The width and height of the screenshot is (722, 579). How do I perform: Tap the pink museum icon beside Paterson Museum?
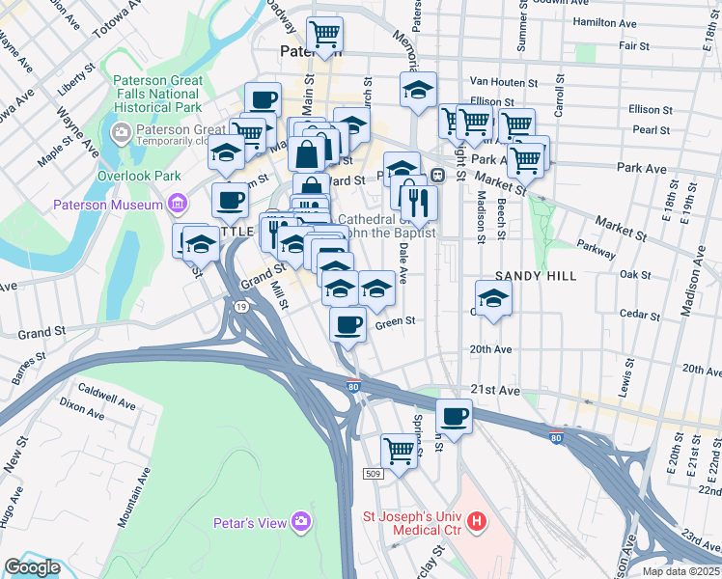click(x=177, y=204)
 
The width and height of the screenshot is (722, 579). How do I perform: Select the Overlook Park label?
click(x=140, y=177)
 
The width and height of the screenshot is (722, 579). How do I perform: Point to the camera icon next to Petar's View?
click(x=302, y=522)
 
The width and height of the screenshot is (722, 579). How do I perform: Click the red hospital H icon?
click(x=476, y=522)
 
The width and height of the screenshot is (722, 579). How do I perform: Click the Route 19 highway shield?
click(x=238, y=307)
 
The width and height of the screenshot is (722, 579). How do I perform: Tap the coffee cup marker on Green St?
click(x=347, y=324)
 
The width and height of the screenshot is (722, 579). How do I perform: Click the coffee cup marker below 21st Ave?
click(x=454, y=417)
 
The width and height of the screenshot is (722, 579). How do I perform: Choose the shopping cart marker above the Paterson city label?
click(x=325, y=35)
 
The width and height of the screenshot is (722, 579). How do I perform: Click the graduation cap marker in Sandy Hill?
click(x=493, y=297)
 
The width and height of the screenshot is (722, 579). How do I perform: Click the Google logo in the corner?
click(x=31, y=567)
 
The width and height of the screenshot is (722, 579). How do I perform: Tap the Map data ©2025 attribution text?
click(x=681, y=571)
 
